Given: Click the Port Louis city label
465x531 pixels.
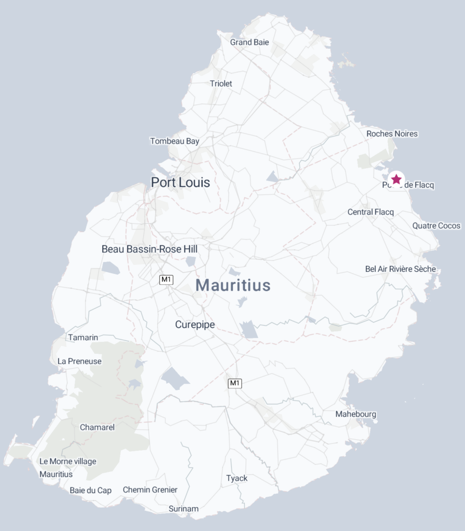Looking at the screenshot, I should [180, 183].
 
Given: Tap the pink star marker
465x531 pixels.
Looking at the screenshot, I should [396, 179].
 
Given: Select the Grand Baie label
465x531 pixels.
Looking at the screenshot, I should [249, 43].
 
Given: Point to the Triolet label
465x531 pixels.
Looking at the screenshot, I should [221, 83].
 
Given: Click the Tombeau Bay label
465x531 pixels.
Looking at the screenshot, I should [175, 141].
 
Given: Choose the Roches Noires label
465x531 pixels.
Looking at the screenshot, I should [392, 134].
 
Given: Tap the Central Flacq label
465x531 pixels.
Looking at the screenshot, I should [371, 212].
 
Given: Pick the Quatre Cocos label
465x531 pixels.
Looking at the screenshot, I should [436, 226].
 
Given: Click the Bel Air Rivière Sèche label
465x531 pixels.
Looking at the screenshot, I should [401, 269].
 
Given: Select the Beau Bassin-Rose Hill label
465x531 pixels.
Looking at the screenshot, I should [149, 249].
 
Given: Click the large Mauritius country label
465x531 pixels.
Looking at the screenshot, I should [233, 285].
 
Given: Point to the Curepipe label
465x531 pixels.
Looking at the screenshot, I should [195, 325].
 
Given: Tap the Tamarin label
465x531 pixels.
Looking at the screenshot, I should [83, 338].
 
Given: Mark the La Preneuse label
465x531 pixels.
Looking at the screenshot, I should [80, 361].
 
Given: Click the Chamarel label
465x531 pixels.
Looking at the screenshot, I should [97, 428].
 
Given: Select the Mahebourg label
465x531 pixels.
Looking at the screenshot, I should [356, 414].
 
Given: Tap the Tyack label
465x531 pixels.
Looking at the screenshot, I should [237, 478].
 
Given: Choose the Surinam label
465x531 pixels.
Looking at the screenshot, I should [184, 509].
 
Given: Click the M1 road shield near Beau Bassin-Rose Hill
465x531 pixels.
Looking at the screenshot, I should [166, 280].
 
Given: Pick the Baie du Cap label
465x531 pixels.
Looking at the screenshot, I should [91, 490].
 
